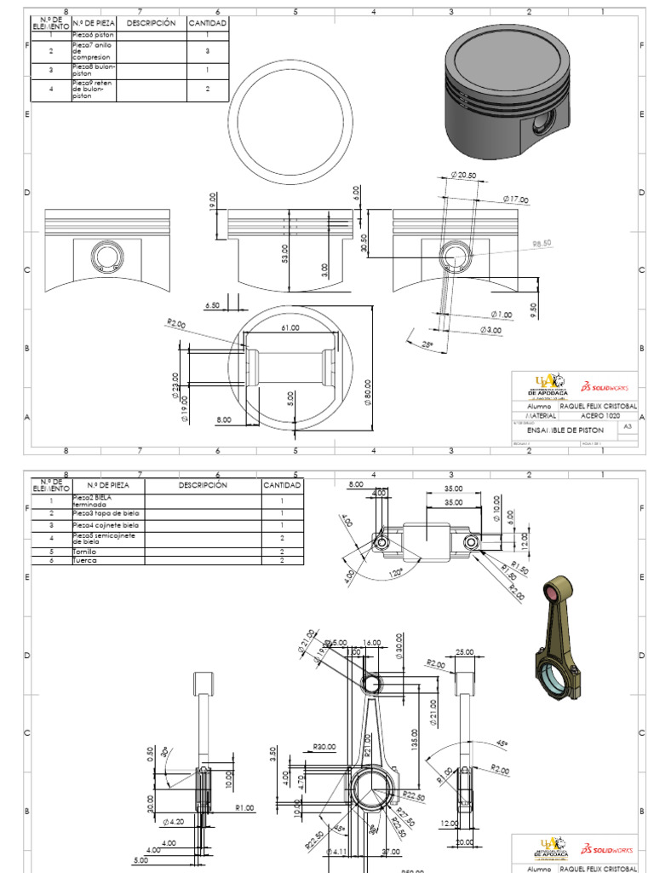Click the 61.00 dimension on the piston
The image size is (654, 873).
point(290,328)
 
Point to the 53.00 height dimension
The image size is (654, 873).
point(285,253)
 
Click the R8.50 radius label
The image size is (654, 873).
point(542,243)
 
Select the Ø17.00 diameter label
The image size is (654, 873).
point(514,199)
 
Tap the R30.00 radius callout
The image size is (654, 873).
point(324,747)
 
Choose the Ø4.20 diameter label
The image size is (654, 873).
point(173,822)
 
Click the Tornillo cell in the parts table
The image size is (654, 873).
point(85,552)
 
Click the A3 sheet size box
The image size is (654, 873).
point(628,425)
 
